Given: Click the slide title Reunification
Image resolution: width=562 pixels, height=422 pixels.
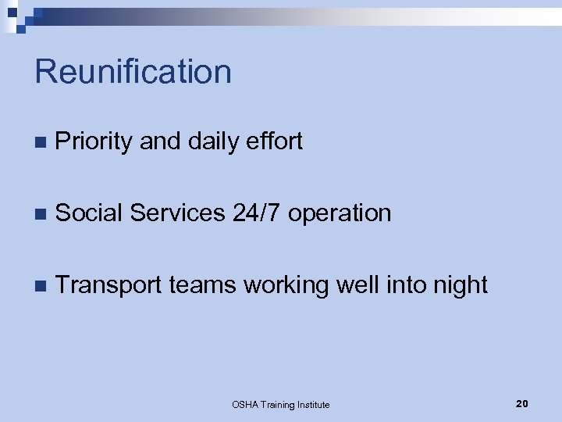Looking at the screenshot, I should [133, 72].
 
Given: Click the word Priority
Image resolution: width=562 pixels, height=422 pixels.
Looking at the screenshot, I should [94, 141].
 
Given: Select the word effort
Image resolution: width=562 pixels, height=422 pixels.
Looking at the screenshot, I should [274, 141].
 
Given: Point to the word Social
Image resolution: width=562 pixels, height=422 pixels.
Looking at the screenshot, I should [89, 213].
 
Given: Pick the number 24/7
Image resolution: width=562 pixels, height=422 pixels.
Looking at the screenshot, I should [256, 213].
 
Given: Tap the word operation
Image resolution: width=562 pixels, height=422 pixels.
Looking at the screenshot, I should [340, 213].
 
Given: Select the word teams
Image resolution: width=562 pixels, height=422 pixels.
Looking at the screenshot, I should [201, 285].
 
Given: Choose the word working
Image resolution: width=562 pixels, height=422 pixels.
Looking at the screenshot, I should [286, 285].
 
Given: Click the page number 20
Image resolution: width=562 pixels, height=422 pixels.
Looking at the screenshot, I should [522, 403].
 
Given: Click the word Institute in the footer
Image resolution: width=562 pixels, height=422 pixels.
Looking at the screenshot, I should [311, 405].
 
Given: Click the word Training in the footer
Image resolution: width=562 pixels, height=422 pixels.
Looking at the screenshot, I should [277, 405].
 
